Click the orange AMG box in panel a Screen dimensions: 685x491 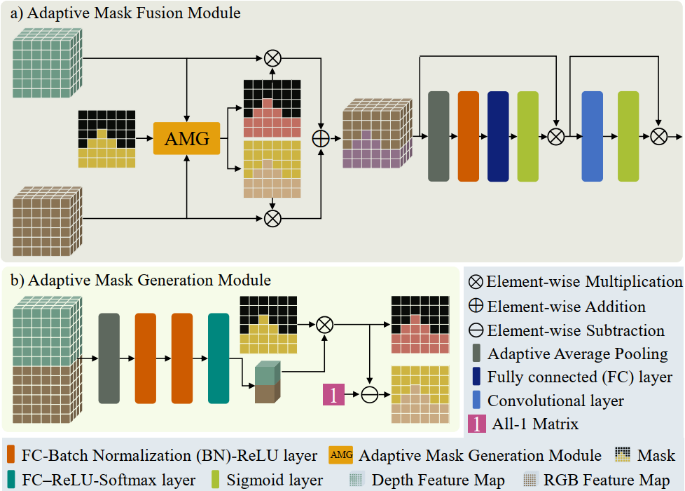[x=186, y=138]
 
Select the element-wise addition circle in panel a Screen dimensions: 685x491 [x=321, y=139]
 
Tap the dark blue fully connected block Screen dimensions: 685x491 [x=498, y=136]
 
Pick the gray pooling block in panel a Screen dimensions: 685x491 [x=438, y=136]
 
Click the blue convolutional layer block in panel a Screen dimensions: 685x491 [x=593, y=136]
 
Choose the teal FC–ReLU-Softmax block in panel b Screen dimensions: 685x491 [x=219, y=358]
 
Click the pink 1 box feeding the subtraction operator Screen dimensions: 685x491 [x=334, y=394]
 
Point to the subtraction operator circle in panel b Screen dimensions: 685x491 [x=370, y=394]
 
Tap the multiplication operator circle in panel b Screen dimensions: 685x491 [x=324, y=325]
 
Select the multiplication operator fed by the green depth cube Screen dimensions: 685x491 [x=272, y=58]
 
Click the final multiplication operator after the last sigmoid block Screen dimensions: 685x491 [x=659, y=137]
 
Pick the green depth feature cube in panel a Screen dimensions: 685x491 [x=47, y=63]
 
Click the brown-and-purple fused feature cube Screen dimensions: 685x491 [x=378, y=133]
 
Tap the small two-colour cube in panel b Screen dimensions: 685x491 [x=268, y=382]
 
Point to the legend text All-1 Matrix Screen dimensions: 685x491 [x=535, y=424]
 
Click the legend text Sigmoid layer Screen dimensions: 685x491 [x=275, y=480]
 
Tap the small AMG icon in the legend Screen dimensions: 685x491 [x=341, y=455]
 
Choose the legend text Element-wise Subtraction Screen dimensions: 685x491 [x=576, y=330]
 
